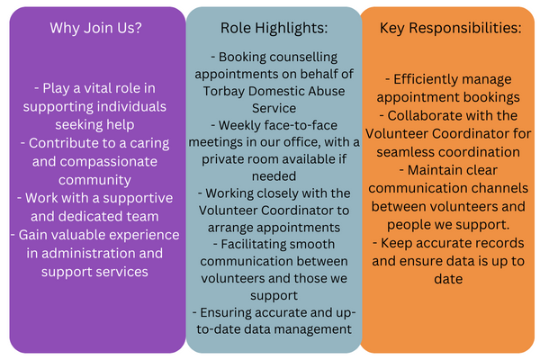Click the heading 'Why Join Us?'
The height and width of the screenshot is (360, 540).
[x=95, y=28]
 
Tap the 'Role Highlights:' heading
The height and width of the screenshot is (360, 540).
[x=274, y=28]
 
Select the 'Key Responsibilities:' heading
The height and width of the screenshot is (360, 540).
[x=451, y=28]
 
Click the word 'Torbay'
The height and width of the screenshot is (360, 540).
[x=223, y=92]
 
